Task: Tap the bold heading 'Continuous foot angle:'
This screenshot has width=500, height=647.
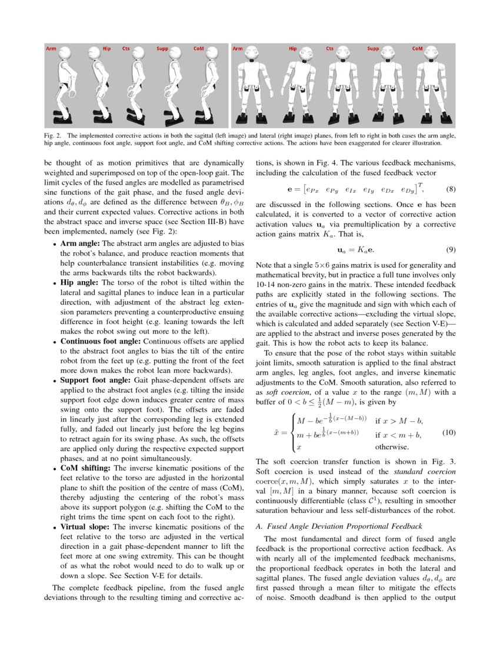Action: (x=100, y=341)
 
